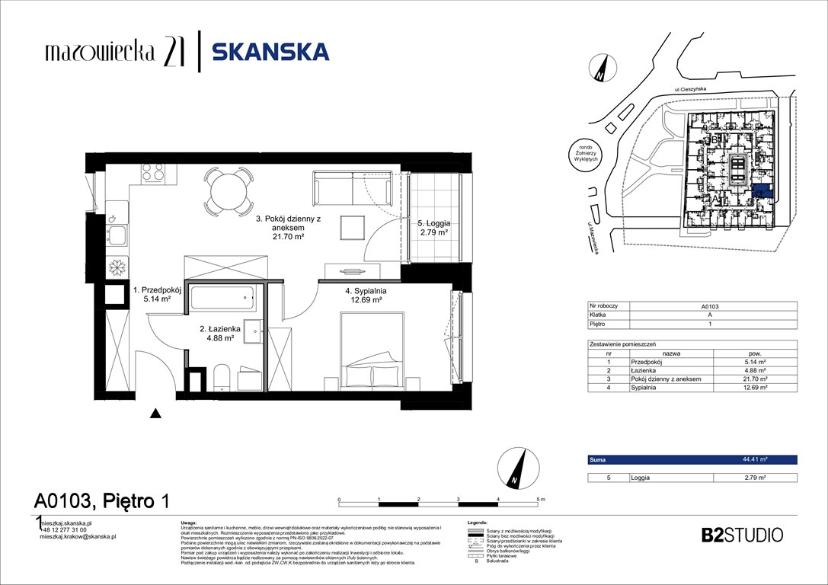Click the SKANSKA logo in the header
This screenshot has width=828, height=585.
click(270, 52)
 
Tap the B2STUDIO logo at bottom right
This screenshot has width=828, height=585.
click(741, 535)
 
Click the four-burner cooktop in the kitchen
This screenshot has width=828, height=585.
click(153, 172)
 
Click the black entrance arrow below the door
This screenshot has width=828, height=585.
click(155, 414)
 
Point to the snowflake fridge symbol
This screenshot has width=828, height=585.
click(117, 268)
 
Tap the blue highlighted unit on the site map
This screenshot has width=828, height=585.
click(761, 191)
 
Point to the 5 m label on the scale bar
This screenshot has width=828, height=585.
click(542, 498)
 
